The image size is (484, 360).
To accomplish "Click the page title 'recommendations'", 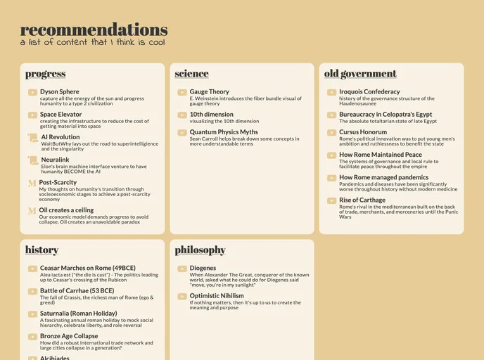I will coord(94,30).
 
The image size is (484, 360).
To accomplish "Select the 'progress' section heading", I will coord(45,74).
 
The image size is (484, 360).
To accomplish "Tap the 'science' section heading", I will coord(191,74).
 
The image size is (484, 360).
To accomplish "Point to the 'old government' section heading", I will coord(360,74).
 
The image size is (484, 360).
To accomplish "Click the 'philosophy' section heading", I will coord(200,250).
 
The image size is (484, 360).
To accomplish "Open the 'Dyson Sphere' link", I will coord(60,91).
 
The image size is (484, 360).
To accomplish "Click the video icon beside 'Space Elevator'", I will coord(32,115).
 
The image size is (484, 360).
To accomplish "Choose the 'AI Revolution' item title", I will coord(60,137).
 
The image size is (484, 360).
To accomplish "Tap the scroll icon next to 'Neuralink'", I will coord(32,160).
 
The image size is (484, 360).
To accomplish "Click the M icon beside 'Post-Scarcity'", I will coord(32,183).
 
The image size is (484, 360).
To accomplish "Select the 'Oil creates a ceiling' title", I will coord(66,210).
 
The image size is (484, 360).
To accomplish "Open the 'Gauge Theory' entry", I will coord(209,91).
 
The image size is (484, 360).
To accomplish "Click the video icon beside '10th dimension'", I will coord(182,115).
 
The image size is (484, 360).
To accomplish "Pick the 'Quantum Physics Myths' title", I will coord(224,131).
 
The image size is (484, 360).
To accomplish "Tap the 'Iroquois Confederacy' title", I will coord(369,91).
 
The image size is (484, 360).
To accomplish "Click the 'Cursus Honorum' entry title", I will coord(363,131).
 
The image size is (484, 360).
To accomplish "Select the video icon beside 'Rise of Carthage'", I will coord(332,201).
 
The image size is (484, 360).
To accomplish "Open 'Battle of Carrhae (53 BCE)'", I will coord(77,290).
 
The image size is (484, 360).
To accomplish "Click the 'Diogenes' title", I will coord(203,268).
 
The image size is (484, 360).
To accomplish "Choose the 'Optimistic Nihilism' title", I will coord(217,296).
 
